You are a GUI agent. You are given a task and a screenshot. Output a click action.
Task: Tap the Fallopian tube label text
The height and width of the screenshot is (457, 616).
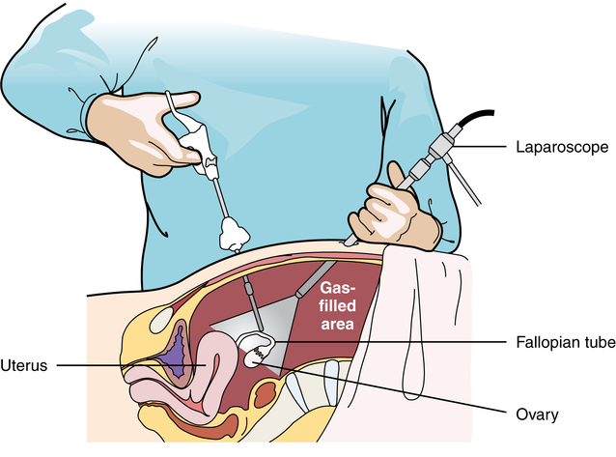point(562,343)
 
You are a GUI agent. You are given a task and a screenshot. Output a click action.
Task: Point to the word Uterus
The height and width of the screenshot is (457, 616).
point(27,366)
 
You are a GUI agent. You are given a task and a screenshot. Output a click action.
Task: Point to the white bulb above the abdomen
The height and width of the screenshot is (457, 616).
point(234,232)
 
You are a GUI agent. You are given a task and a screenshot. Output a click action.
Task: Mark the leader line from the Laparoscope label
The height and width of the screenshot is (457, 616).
point(492,148)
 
